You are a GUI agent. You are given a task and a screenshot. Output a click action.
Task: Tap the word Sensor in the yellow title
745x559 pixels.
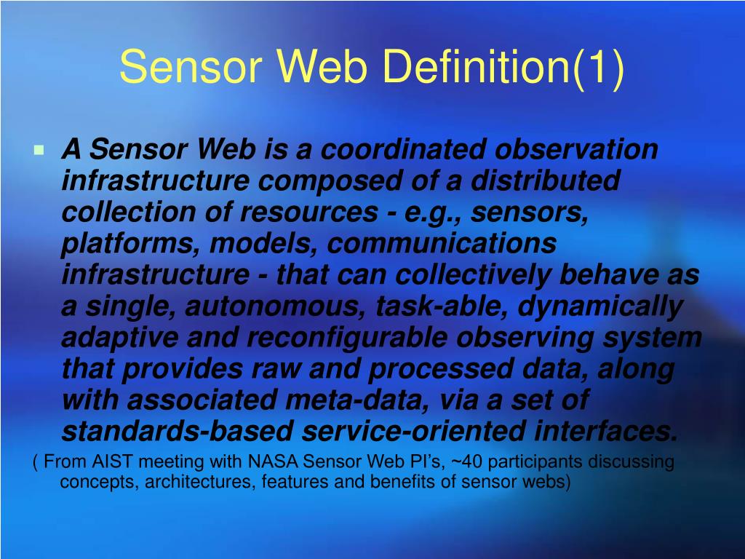190,67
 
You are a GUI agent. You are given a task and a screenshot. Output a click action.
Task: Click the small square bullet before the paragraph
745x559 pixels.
39,151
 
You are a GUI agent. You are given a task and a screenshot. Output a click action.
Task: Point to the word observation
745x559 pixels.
577,150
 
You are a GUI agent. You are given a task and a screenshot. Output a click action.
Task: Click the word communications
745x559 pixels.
442,244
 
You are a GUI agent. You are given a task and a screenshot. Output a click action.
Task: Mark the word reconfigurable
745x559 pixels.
348,338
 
